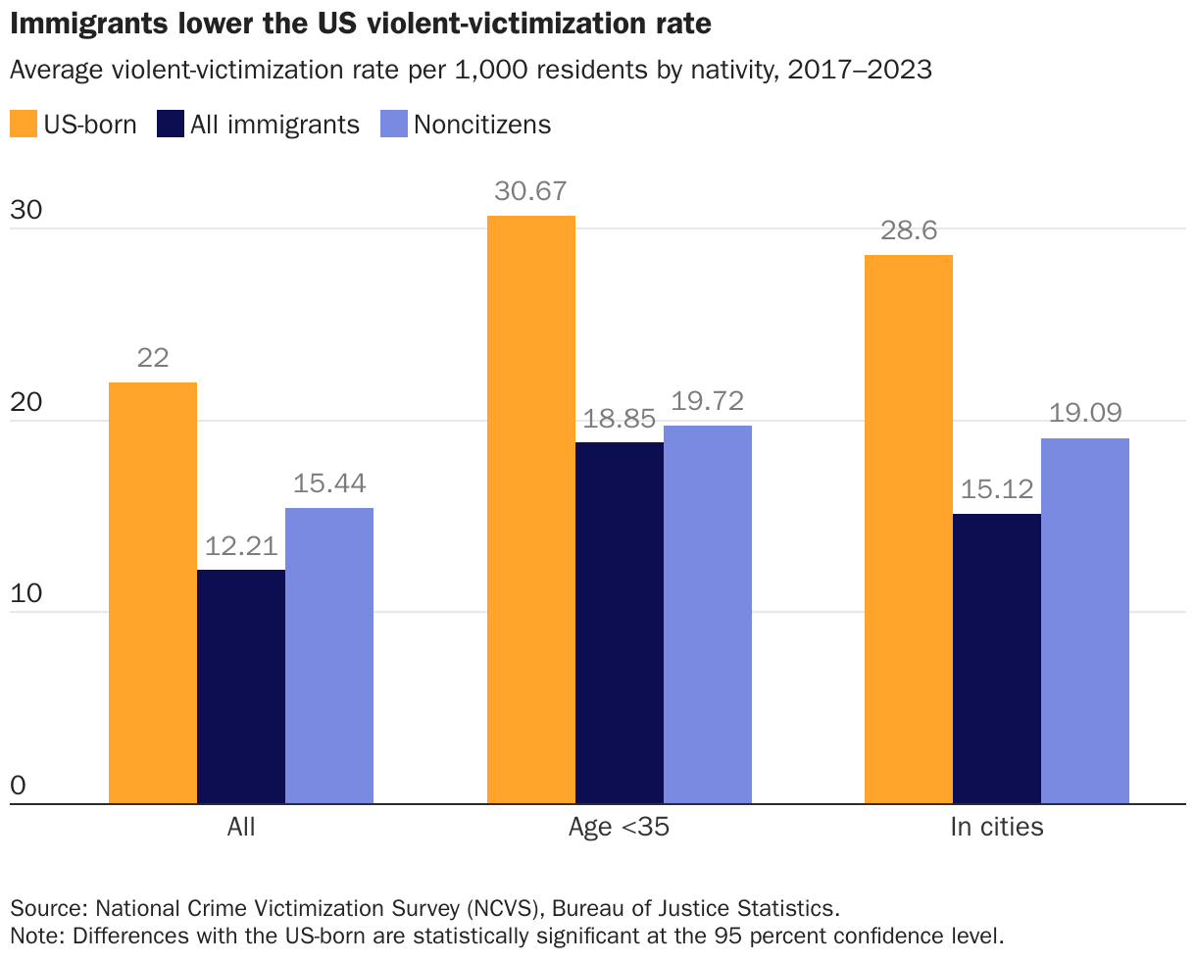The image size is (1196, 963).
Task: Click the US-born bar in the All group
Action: click(x=153, y=593)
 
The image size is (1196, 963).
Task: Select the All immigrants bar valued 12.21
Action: click(x=241, y=686)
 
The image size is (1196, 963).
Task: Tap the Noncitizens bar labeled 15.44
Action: click(x=329, y=656)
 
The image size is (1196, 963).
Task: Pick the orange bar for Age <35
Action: click(x=531, y=510)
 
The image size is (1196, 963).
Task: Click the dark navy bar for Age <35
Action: click(x=620, y=623)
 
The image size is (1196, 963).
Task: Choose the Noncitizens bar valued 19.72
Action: click(x=708, y=615)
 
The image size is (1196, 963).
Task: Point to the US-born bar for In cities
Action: click(x=909, y=530)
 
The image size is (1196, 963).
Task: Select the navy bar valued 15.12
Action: click(x=997, y=659)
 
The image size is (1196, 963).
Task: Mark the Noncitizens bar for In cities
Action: click(x=1085, y=621)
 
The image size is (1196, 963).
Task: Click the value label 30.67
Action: click(x=531, y=191)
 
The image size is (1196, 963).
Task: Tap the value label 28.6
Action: click(x=909, y=230)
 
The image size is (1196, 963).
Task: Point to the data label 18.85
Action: click(x=620, y=419)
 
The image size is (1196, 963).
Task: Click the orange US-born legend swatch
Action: click(x=23, y=125)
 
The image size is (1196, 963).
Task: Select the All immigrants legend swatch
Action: click(x=170, y=125)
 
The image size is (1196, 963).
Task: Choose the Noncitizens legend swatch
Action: click(x=393, y=125)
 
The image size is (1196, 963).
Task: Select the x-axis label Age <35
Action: click(x=619, y=827)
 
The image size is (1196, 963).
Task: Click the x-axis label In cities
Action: click(x=997, y=827)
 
